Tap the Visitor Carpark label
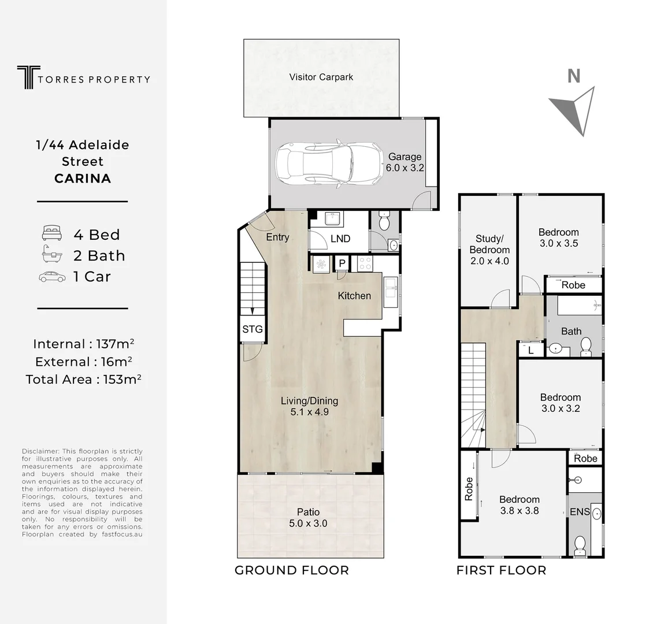click(x=321, y=77)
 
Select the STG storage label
click(x=252, y=329)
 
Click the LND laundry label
click(x=340, y=239)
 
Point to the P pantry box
click(x=342, y=263)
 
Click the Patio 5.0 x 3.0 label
click(x=308, y=518)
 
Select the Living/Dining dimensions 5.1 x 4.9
click(x=309, y=412)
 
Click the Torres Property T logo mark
click(x=25, y=77)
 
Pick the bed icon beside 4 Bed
click(x=51, y=233)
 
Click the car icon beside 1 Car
click(x=52, y=277)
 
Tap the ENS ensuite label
click(x=580, y=512)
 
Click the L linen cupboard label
click(x=531, y=350)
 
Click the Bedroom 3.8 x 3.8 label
click(x=519, y=505)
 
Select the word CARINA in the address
click(x=83, y=178)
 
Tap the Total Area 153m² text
click(x=84, y=380)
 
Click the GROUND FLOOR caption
click(x=291, y=570)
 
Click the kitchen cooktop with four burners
click(x=365, y=263)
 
